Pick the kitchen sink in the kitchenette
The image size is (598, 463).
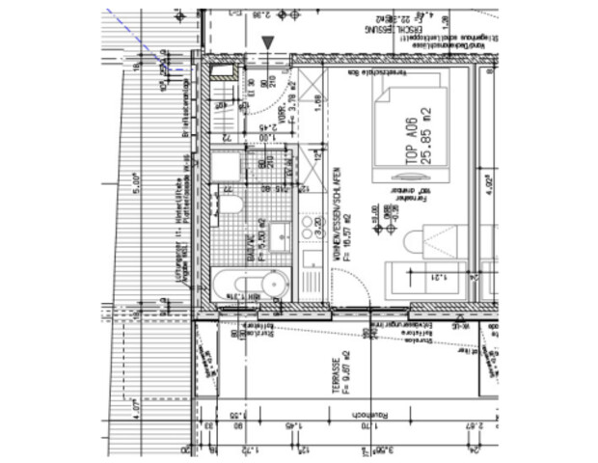tap(311, 259)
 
